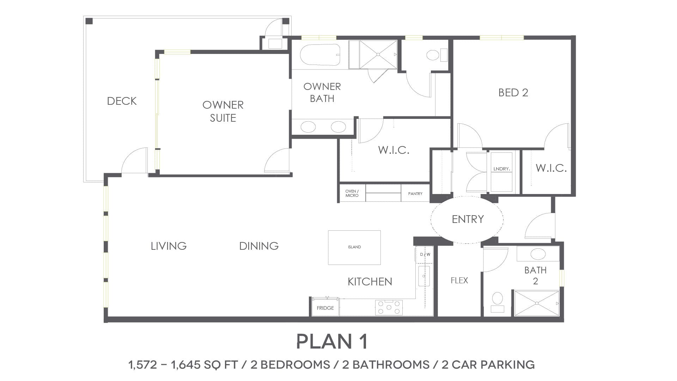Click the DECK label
coord(122,101)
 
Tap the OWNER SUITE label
coord(223,111)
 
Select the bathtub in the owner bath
coord(320,55)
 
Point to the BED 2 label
coord(513,92)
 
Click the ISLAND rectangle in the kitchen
coord(354,247)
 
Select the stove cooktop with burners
coord(389,307)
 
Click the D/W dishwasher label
coord(425,254)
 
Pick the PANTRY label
coord(415,194)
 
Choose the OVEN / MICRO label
coord(352,193)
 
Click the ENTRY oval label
coord(468,219)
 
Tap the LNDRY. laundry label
coord(501,169)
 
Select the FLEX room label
coord(459,280)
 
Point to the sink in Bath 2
coord(538,254)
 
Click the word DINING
coord(259,246)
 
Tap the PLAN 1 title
coord(332,341)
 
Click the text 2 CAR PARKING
coord(488,364)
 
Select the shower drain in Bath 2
coord(537,303)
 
